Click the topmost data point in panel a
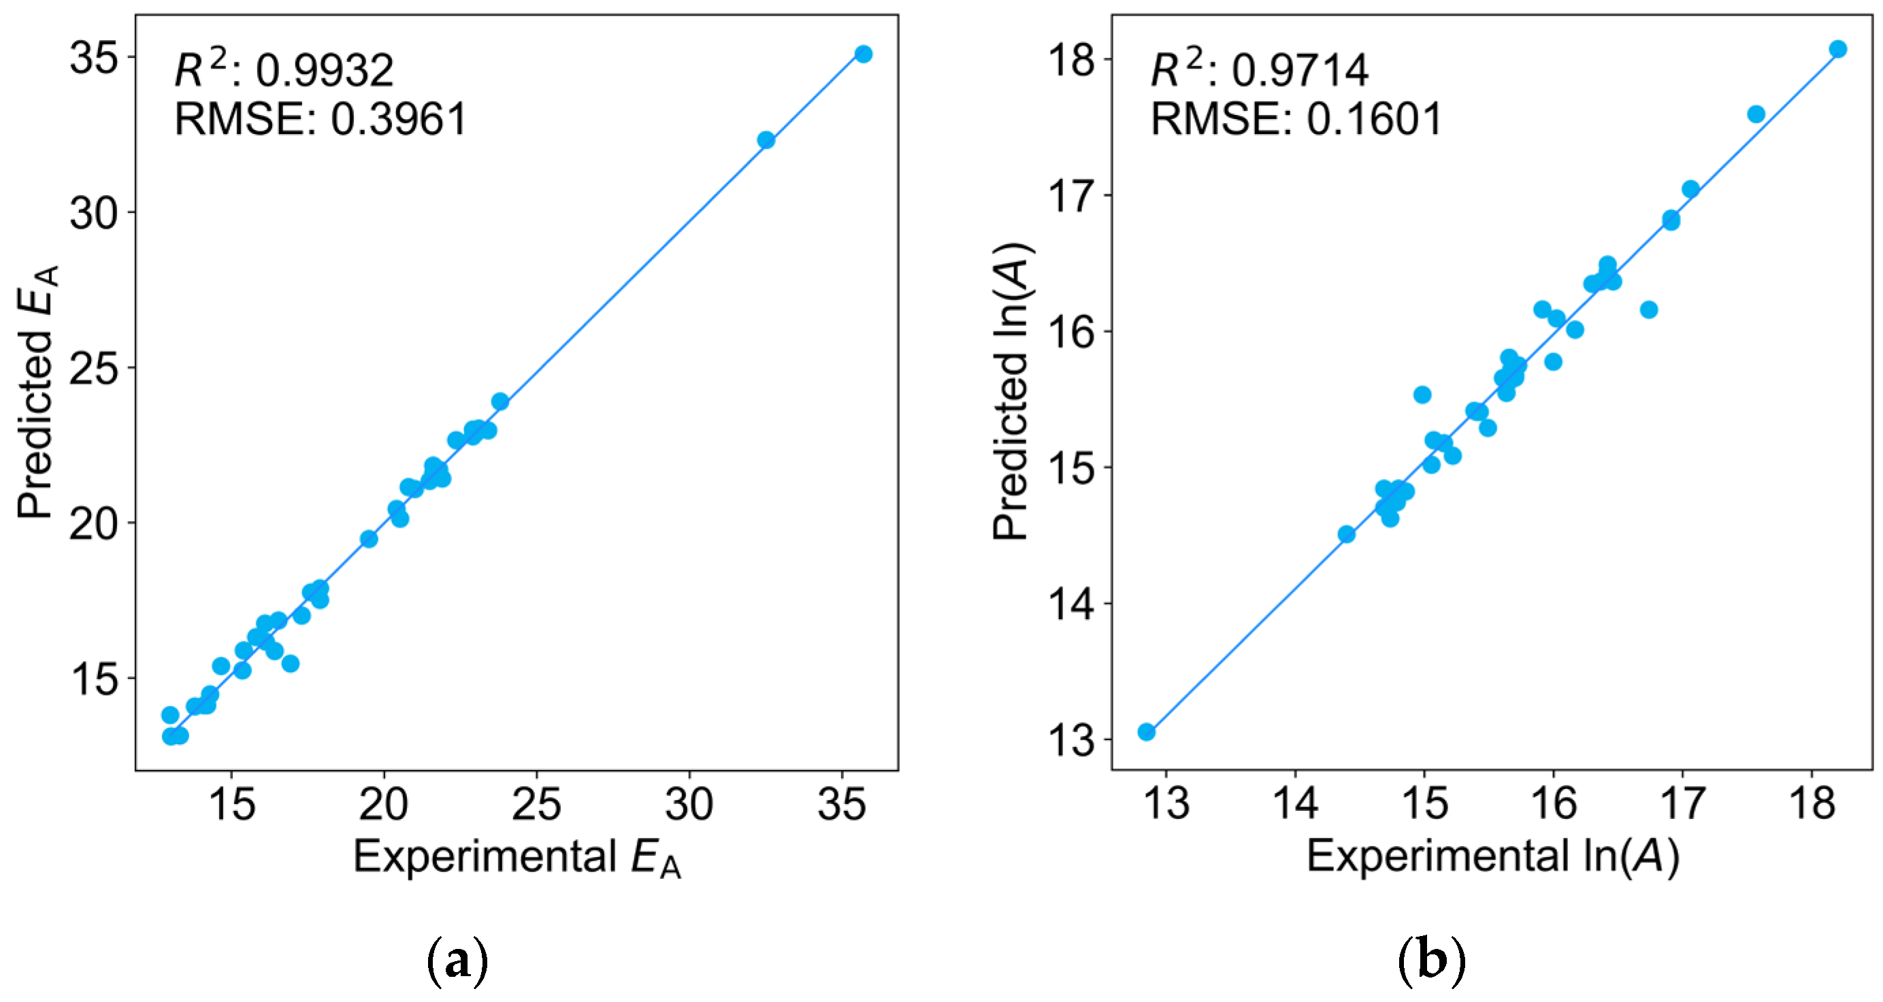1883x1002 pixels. tap(864, 54)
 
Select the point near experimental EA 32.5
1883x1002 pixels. tap(766, 139)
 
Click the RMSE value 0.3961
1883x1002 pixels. tap(398, 119)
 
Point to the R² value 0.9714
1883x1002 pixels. tap(1300, 71)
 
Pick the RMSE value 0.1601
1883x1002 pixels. tap(1374, 119)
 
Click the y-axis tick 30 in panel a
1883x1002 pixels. tap(93, 214)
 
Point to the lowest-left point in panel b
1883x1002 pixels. tap(1146, 731)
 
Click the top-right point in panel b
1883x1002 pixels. tap(1837, 49)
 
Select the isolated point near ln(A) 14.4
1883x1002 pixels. tap(1347, 534)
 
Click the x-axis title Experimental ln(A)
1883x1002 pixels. tap(1492, 856)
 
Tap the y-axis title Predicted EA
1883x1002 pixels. tap(37, 392)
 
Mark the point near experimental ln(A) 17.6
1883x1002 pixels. tap(1756, 114)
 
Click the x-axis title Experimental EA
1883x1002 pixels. tap(517, 856)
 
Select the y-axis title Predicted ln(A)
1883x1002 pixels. tap(1012, 392)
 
